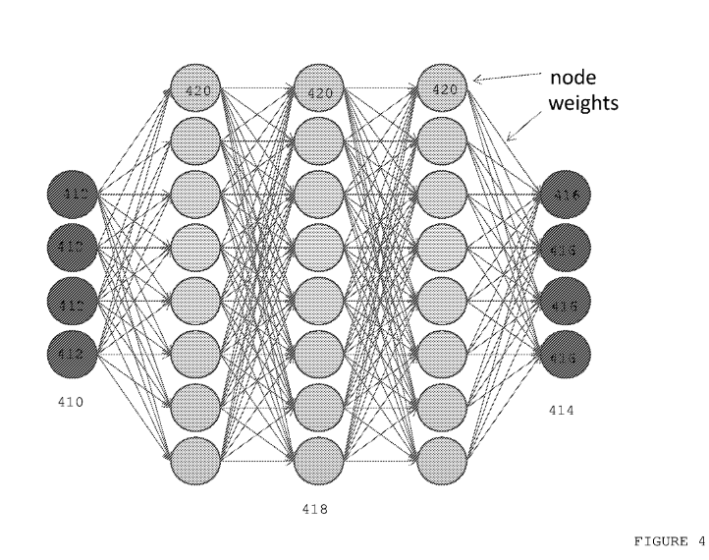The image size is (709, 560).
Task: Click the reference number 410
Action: click(72, 402)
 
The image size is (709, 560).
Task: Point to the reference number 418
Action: click(319, 510)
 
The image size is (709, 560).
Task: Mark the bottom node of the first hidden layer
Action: click(195, 458)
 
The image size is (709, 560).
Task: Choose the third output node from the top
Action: click(567, 298)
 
